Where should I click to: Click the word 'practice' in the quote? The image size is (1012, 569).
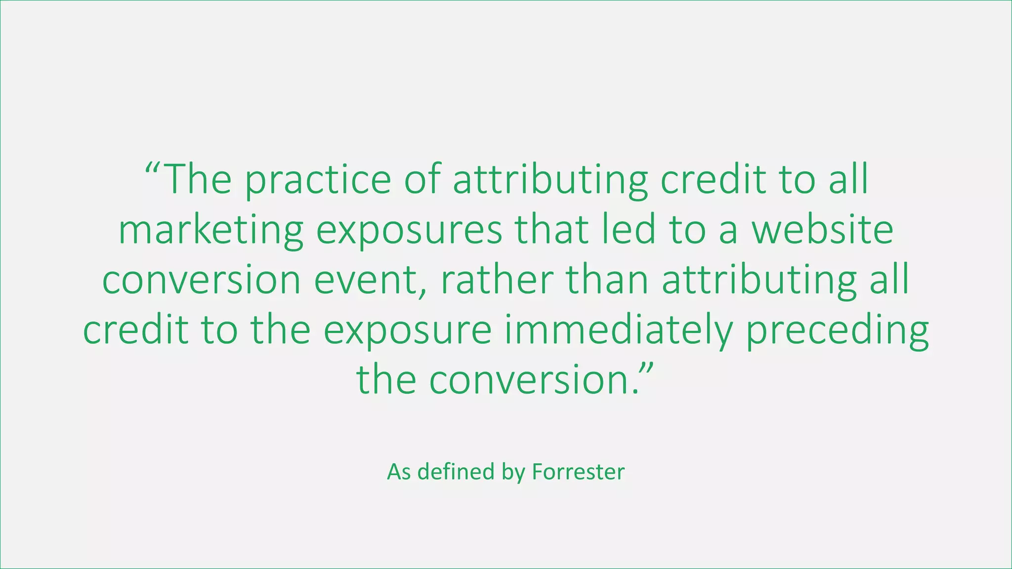(x=318, y=180)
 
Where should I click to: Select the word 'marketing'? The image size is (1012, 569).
(x=211, y=231)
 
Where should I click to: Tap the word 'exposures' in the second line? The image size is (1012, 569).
(x=409, y=231)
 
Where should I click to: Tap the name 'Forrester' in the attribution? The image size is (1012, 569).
(x=578, y=472)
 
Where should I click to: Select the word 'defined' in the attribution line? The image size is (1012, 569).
(x=456, y=472)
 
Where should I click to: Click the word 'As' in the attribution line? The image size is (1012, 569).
(x=399, y=472)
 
